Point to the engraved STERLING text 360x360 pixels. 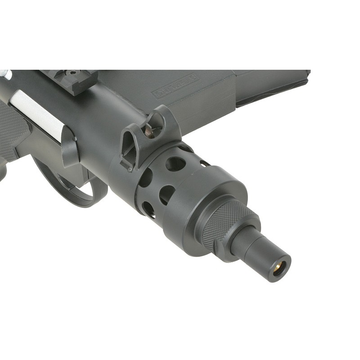(176, 85)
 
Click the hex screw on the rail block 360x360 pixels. (72, 72)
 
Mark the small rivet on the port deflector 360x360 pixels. (75, 139)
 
